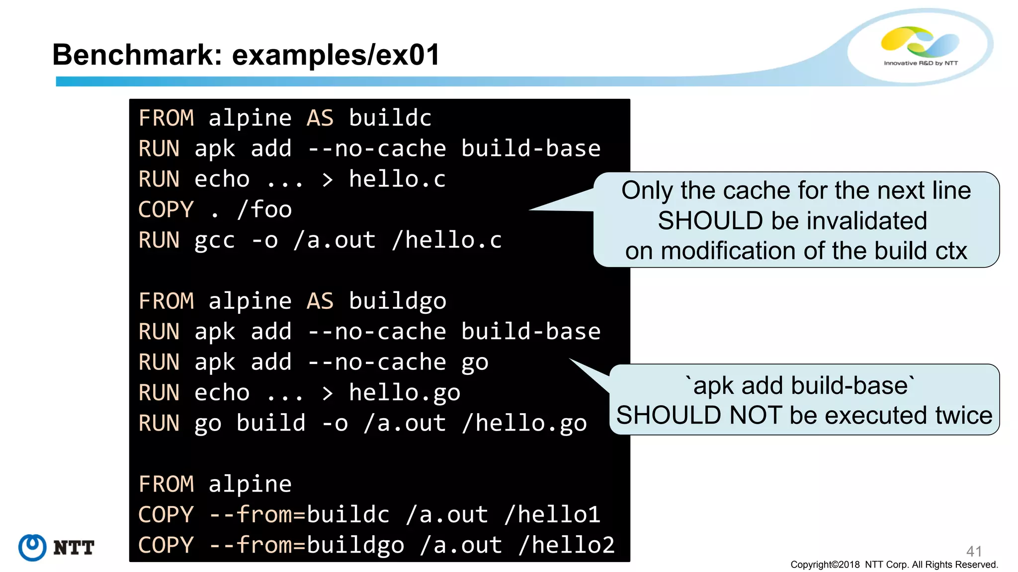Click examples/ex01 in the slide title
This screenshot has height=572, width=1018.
[336, 55]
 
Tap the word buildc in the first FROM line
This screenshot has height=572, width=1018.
[390, 118]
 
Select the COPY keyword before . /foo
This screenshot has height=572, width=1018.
[166, 210]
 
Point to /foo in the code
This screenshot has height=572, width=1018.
[264, 210]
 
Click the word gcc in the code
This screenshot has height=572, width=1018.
[214, 241]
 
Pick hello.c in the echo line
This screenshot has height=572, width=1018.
[397, 179]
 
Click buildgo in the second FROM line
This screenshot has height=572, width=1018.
[397, 301]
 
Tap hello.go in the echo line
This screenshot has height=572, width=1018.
[405, 393]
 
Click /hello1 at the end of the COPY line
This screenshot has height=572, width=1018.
[552, 514]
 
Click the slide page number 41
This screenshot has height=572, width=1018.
[974, 551]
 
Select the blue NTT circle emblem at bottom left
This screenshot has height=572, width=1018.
[32, 548]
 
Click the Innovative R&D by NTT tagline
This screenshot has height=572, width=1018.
[921, 63]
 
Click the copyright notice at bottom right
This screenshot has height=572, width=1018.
[894, 565]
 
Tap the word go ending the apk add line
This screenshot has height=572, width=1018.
[475, 362]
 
